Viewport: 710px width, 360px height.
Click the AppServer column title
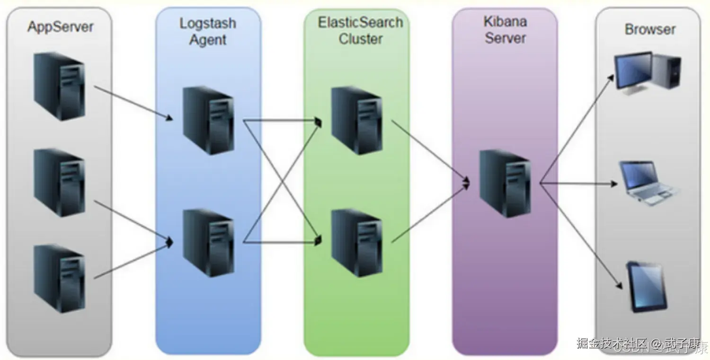[x=60, y=26]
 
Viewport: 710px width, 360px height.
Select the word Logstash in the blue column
[x=207, y=23]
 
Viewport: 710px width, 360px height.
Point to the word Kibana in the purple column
[x=505, y=21]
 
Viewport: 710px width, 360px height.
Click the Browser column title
[x=649, y=29]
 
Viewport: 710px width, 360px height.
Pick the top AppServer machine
[x=59, y=86]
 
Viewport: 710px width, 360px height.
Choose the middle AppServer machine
[x=59, y=183]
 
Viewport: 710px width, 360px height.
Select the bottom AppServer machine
[x=59, y=278]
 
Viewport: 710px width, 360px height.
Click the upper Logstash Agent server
[x=208, y=121]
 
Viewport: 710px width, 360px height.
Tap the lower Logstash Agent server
[x=208, y=243]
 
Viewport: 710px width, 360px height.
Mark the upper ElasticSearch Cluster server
[x=356, y=121]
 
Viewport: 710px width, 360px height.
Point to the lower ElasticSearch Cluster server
[x=356, y=243]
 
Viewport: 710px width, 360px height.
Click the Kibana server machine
[x=505, y=184]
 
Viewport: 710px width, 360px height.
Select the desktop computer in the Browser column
[x=647, y=74]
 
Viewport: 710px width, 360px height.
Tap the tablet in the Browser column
[x=647, y=287]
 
